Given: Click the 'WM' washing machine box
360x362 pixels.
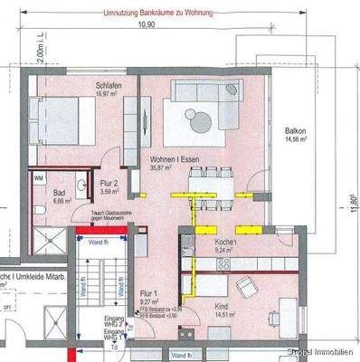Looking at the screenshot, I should point(39,179).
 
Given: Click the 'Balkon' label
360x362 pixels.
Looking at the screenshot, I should point(294,130).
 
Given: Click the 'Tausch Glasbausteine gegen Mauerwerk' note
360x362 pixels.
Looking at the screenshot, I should point(112,214).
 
